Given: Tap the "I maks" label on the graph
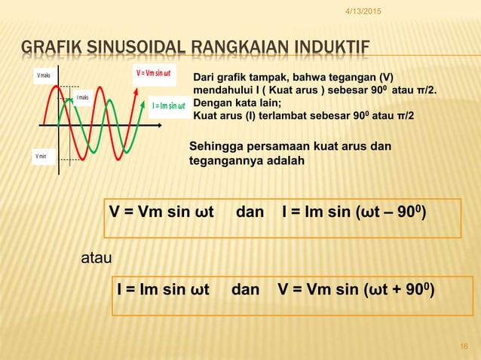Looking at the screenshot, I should tap(84, 98).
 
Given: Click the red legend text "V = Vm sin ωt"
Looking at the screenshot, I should tap(155, 73).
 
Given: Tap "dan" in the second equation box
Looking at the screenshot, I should tap(245, 289).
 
